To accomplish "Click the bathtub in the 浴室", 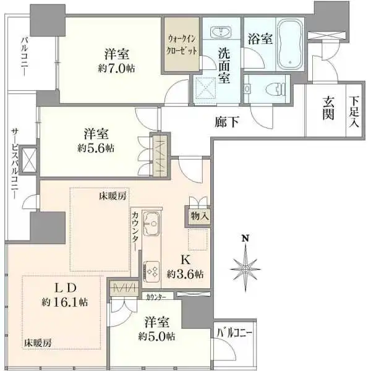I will (289, 44).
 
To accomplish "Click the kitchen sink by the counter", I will (151, 221).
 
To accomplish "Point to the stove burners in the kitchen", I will (151, 270).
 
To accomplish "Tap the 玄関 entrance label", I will (328, 110).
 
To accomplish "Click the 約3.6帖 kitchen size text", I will (186, 274).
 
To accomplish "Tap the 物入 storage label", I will (199, 216).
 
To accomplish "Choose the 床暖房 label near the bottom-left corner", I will (37, 341).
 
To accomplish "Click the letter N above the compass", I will (245, 239).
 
